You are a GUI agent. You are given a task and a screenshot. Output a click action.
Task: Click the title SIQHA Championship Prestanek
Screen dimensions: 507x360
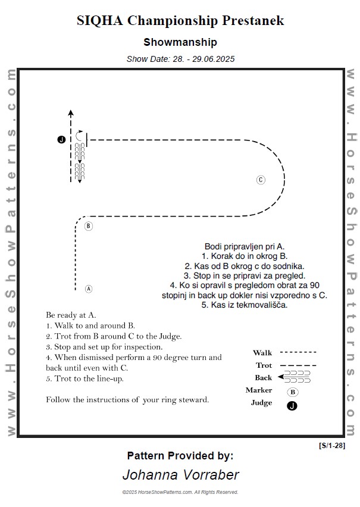180,21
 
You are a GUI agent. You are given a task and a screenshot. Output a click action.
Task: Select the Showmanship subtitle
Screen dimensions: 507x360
180,42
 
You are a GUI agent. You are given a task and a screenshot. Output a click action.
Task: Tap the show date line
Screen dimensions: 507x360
180,59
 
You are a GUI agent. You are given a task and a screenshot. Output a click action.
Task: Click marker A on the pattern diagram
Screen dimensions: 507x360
89,289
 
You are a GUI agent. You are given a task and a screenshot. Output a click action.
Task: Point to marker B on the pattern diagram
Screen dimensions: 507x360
89,226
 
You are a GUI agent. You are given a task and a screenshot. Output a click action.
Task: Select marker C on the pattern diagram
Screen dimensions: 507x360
261,180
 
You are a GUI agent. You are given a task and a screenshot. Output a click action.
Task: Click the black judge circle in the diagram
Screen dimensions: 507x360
61,139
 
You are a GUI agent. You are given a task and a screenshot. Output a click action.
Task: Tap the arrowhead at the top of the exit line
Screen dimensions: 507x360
70,112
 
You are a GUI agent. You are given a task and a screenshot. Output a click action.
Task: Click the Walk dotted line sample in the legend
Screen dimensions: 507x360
298,353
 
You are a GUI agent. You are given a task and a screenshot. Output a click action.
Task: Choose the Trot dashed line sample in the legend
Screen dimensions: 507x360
298,365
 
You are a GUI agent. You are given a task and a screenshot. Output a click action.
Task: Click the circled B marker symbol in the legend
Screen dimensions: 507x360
293,392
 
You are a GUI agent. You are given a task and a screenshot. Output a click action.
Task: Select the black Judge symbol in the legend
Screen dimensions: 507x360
292,406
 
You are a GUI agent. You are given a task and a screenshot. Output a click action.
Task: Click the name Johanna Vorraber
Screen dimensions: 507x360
180,475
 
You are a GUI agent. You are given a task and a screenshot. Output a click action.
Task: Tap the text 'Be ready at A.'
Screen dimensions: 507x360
71,315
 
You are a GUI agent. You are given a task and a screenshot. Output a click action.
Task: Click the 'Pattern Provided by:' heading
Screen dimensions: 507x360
180,456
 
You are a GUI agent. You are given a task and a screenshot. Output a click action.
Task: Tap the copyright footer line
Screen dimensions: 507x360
180,493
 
